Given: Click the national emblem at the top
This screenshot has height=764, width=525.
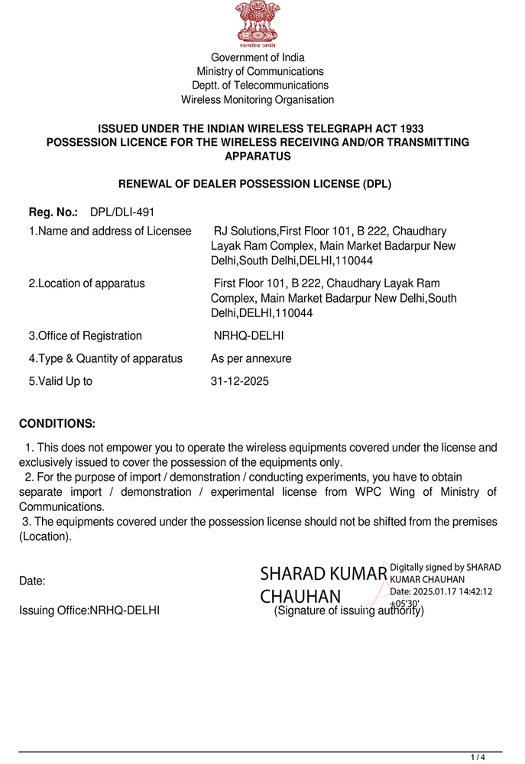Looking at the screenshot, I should pyautogui.click(x=258, y=24).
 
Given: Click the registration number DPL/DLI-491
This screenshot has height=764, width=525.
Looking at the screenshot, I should pyautogui.click(x=122, y=212).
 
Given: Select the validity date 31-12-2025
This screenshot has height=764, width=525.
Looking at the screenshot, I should pyautogui.click(x=240, y=381).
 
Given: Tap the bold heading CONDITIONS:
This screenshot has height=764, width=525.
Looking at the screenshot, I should pyautogui.click(x=57, y=423).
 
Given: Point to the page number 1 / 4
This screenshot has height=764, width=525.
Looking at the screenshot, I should pyautogui.click(x=478, y=757).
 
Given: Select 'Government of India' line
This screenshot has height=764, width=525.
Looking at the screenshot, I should pyautogui.click(x=258, y=57).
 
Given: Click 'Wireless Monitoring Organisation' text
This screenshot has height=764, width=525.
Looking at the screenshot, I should pyautogui.click(x=258, y=99).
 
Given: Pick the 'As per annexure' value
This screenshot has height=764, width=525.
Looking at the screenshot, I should pyautogui.click(x=251, y=358).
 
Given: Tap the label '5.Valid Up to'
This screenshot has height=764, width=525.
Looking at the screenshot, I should pyautogui.click(x=60, y=381).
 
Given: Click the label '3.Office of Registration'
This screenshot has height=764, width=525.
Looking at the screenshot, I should pyautogui.click(x=85, y=335).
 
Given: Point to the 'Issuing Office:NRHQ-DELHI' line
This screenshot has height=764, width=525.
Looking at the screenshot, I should pyautogui.click(x=89, y=610).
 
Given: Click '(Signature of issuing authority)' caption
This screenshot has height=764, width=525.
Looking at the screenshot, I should pyautogui.click(x=348, y=610).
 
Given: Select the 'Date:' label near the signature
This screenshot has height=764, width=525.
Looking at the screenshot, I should pyautogui.click(x=32, y=581).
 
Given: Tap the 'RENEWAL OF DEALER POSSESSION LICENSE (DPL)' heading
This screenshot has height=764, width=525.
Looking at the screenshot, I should pyautogui.click(x=254, y=183).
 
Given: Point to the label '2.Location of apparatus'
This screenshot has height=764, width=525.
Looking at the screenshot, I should pyautogui.click(x=86, y=283).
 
